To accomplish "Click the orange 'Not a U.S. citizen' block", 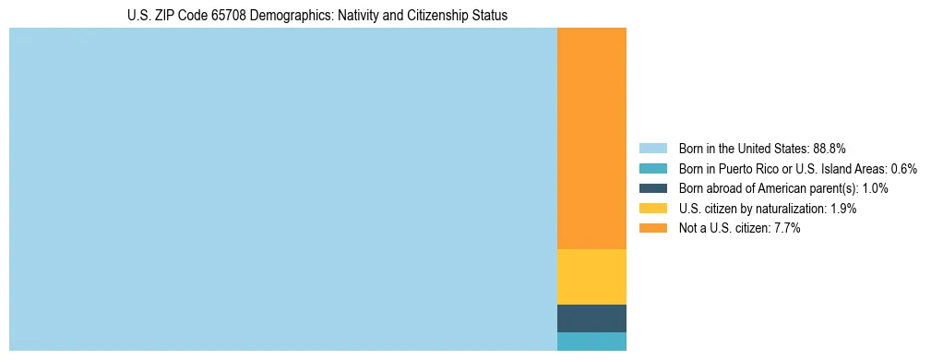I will click(591, 138).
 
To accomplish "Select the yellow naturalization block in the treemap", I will click(591, 277).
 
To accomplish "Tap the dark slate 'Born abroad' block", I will click(591, 318).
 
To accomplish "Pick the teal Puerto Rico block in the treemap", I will click(591, 342).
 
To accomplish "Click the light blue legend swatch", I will click(652, 149).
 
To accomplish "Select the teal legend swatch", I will click(652, 169).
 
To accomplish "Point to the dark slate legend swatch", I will click(652, 188).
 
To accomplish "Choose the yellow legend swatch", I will click(652, 209).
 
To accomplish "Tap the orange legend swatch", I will click(652, 228).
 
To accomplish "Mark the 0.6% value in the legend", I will click(903, 169).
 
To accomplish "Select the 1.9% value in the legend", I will click(842, 209).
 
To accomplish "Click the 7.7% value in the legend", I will click(786, 228).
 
